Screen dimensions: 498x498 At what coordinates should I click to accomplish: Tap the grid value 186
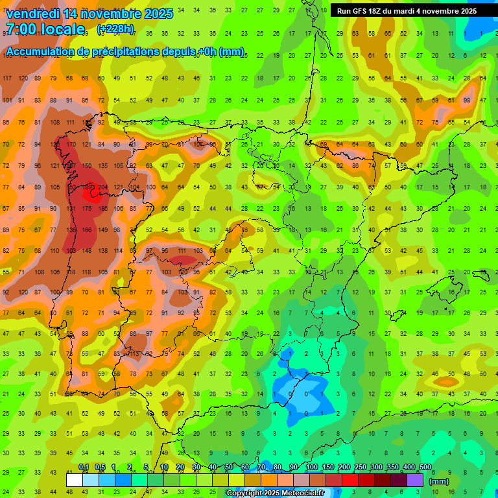(x=102, y=208)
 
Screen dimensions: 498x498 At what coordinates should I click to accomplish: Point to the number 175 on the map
(x=87, y=208)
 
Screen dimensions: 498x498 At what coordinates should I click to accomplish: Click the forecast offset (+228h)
(x=115, y=29)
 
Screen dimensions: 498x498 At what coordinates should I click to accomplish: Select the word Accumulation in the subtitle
(x=43, y=52)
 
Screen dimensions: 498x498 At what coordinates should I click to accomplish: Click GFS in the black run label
(x=361, y=11)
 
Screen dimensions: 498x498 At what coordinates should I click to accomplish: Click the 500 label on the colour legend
(x=425, y=467)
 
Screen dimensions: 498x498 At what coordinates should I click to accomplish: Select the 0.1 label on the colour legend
(x=84, y=467)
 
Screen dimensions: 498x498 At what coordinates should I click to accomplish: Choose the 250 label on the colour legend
(x=361, y=467)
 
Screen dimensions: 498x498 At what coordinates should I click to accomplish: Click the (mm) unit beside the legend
(x=439, y=481)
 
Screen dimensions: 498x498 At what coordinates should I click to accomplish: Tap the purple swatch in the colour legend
(x=415, y=480)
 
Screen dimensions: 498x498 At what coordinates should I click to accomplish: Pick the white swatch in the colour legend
(x=75, y=480)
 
